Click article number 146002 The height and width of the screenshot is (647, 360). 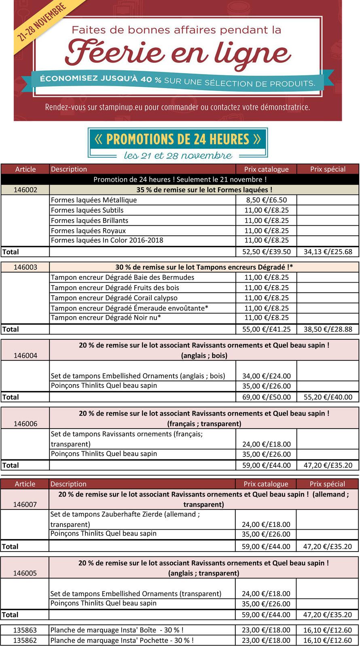tap(25, 190)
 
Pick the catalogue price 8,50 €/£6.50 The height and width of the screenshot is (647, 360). tap(266, 200)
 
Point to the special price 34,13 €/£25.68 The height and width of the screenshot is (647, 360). tap(328, 252)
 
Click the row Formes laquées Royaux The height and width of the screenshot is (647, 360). tap(89, 230)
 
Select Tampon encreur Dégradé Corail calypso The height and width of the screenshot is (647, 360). tap(114, 298)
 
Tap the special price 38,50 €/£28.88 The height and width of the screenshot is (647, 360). tap(328, 329)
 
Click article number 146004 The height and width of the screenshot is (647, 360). tap(25, 355)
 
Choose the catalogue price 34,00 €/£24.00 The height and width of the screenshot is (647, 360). tap(266, 376)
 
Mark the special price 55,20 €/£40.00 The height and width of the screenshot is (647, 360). tap(328, 397)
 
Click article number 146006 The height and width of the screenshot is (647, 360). tap(25, 423)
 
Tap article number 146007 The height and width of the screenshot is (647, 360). tap(25, 504)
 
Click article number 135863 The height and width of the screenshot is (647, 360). tap(25, 630)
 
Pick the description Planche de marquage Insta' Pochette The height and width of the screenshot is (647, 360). tap(122, 640)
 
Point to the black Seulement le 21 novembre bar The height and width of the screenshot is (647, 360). tap(180, 179)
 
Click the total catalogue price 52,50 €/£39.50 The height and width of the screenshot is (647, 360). tap(266, 252)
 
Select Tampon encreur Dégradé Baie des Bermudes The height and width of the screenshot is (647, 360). tap(123, 277)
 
